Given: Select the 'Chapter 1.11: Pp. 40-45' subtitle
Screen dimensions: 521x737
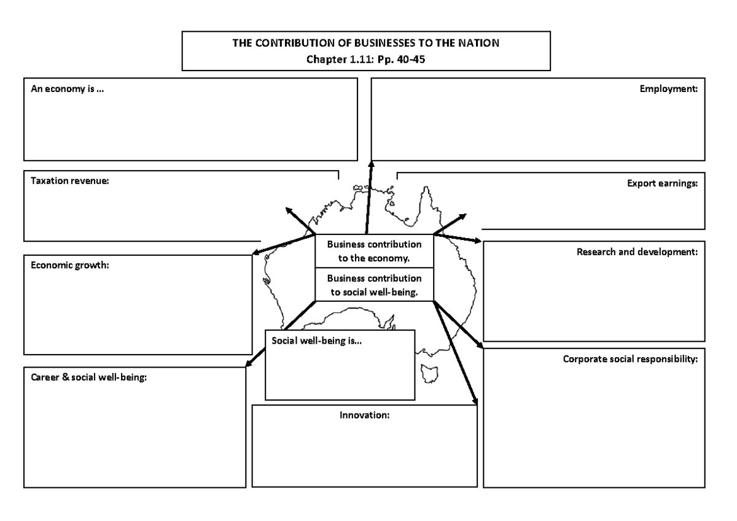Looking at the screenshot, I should click(367, 60).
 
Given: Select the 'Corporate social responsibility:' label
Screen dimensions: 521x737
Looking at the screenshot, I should click(630, 359).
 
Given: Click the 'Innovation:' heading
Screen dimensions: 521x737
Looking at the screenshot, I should click(365, 415).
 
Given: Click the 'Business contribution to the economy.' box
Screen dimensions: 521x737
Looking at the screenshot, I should click(374, 251).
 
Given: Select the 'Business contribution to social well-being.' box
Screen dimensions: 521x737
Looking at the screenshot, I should click(374, 285).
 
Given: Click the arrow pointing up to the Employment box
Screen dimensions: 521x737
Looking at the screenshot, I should click(369, 196).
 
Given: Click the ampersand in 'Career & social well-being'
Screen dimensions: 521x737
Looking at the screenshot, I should click(61, 377).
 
